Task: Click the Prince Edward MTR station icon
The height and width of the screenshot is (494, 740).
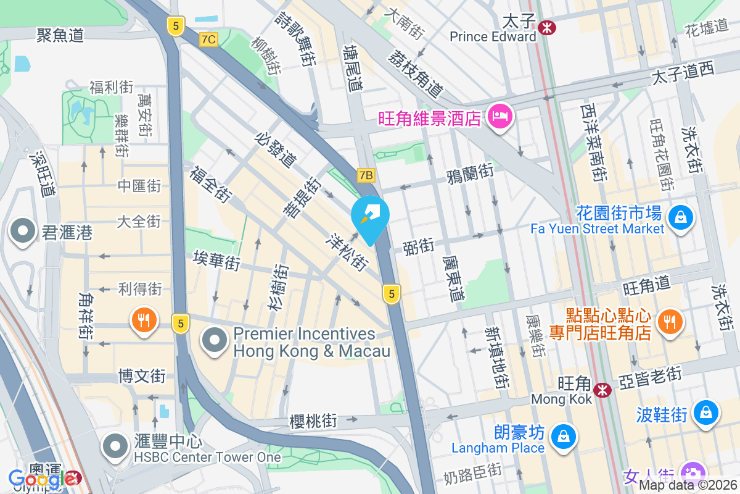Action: [x=546, y=27]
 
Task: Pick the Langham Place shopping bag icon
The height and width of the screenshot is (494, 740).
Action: [x=563, y=437]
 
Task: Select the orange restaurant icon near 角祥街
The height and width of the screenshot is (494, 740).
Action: [x=144, y=320]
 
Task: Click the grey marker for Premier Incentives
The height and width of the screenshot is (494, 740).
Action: [x=215, y=340]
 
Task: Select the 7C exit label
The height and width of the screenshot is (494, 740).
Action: [x=209, y=40]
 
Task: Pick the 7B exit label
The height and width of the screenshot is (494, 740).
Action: [x=366, y=175]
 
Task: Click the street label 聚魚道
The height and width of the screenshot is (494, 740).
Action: [x=60, y=35]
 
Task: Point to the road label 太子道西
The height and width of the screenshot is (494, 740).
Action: [x=683, y=74]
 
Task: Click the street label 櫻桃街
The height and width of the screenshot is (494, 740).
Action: [x=313, y=421]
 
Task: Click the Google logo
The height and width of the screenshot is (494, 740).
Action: [x=36, y=478]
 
